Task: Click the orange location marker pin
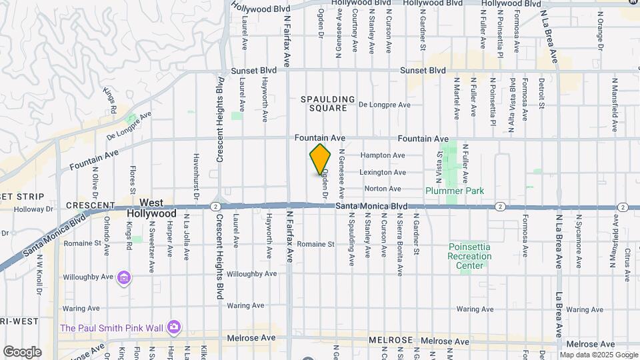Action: pos(321,159)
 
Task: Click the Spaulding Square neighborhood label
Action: pos(324,103)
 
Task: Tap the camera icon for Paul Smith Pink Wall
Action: pos(174,327)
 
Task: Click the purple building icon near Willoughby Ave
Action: pos(123,277)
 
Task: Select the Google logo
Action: pos(22,351)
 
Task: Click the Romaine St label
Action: pos(315,245)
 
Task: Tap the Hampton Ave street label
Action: pos(382,155)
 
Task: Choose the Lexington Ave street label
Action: pos(383,172)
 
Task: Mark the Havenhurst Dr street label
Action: pos(196,176)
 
